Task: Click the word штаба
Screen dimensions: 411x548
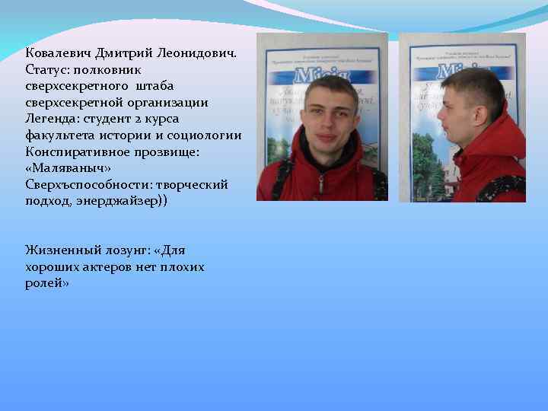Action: tap(156, 86)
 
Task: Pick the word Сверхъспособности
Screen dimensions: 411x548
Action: tap(84, 185)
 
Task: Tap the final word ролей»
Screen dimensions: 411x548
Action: tap(47, 283)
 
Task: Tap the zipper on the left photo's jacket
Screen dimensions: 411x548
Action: tap(321, 183)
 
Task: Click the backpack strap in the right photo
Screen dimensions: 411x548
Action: tap(502, 185)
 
